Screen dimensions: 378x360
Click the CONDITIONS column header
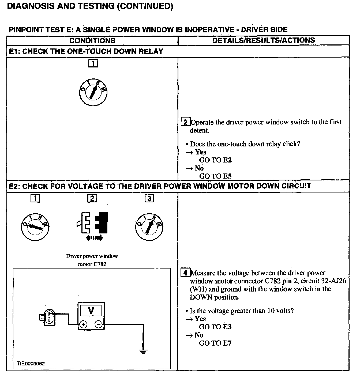(x=92, y=41)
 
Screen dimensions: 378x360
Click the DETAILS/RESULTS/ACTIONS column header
(x=264, y=40)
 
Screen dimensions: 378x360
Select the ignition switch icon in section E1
(x=93, y=93)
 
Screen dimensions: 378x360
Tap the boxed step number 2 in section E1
(x=186, y=122)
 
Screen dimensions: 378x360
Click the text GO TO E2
(x=215, y=160)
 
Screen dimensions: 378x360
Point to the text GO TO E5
(x=215, y=176)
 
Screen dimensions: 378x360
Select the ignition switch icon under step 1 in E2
(x=35, y=227)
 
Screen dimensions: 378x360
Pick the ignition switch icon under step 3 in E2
(x=149, y=227)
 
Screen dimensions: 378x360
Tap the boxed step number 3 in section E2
(x=149, y=198)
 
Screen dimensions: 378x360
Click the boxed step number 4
(x=185, y=273)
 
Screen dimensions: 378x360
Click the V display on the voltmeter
(x=91, y=311)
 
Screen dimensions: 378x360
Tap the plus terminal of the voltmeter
(x=84, y=325)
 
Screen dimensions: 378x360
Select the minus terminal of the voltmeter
(x=98, y=325)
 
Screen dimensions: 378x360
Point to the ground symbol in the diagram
(x=143, y=351)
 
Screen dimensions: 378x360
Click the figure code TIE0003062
(x=31, y=364)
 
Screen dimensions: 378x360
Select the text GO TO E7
(x=215, y=343)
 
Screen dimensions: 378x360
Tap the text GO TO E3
(x=215, y=327)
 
